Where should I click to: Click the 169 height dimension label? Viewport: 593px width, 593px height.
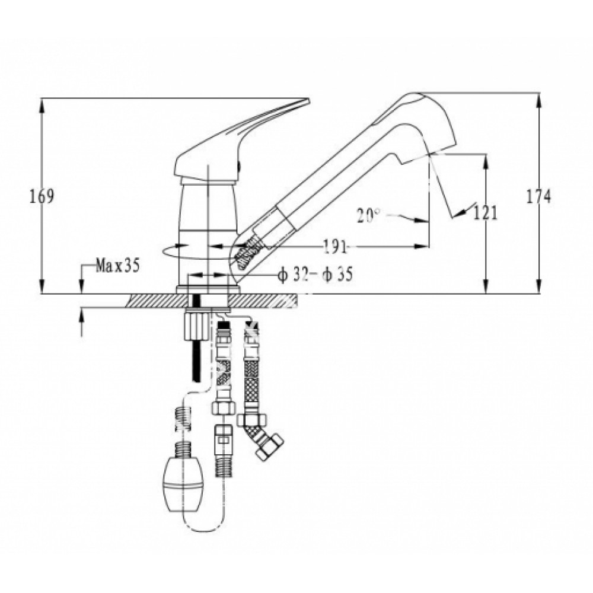pyautogui.click(x=42, y=197)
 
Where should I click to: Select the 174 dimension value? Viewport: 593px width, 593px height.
pyautogui.click(x=539, y=197)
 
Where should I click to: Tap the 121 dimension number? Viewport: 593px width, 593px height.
pyautogui.click(x=485, y=214)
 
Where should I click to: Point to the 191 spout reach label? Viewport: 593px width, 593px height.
pyautogui.click(x=336, y=247)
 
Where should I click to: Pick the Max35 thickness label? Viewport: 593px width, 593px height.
pyautogui.click(x=118, y=266)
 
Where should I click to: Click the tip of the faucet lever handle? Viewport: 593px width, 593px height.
pyautogui.click(x=308, y=101)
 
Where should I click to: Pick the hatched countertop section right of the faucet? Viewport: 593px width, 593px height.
pyautogui.click(x=263, y=301)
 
